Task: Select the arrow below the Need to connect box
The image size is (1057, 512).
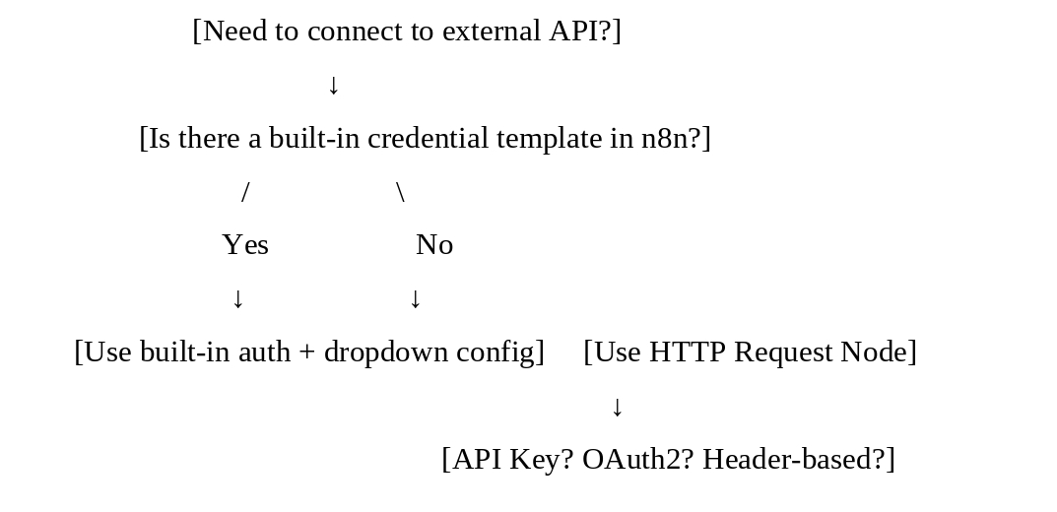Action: pyautogui.click(x=333, y=86)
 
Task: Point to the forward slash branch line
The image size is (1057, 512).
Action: pyautogui.click(x=245, y=192)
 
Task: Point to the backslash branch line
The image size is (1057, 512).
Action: pyautogui.click(x=400, y=192)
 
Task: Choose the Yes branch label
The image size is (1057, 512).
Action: pyautogui.click(x=245, y=244)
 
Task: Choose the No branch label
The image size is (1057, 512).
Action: pyautogui.click(x=434, y=244)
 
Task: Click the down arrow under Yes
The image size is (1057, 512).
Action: pyautogui.click(x=237, y=298)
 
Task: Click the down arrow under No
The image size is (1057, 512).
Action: pyautogui.click(x=416, y=298)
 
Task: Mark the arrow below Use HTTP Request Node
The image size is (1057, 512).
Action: pyautogui.click(x=617, y=407)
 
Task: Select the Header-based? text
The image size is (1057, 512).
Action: pyautogui.click(x=799, y=460)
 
